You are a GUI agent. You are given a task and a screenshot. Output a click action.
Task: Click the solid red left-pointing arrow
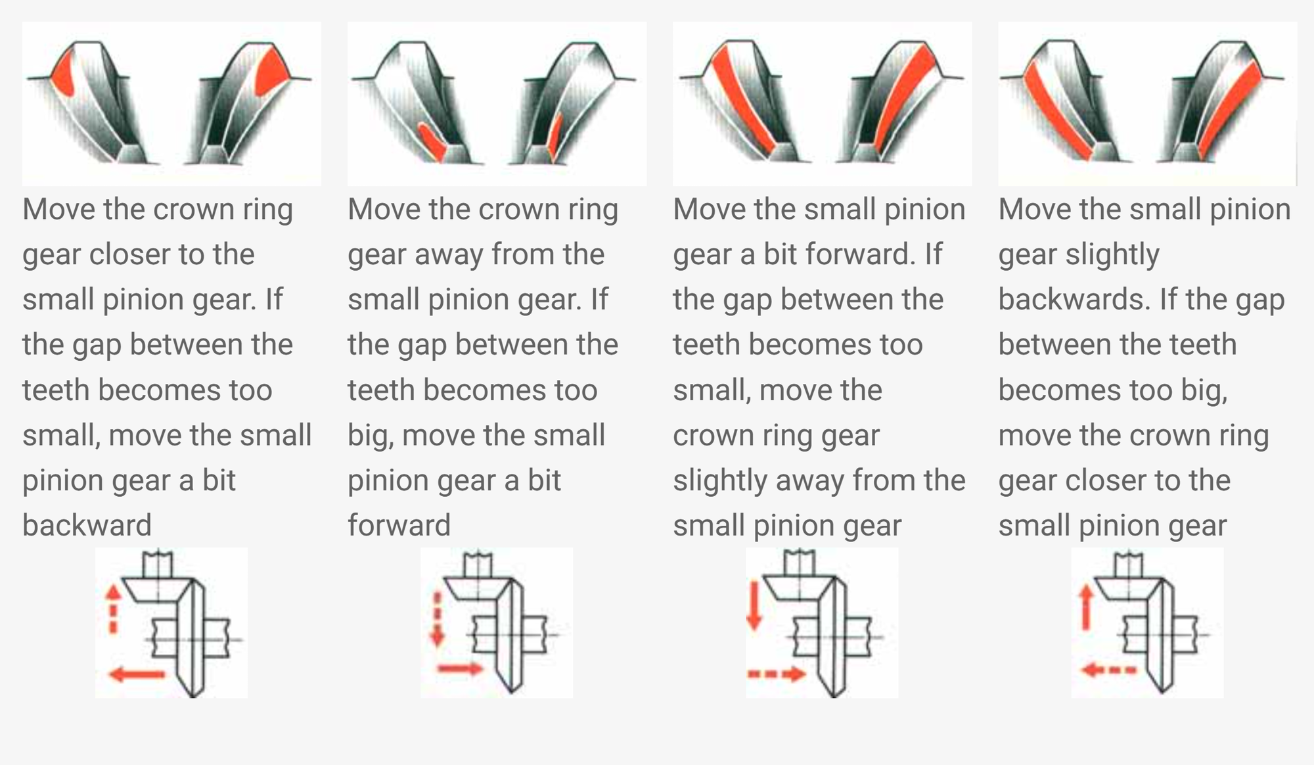(137, 674)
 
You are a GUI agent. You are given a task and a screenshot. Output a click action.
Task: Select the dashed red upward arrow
(114, 609)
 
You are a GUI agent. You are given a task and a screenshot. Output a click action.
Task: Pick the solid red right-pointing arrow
(461, 669)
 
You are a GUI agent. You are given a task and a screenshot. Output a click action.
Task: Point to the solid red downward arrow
(755, 605)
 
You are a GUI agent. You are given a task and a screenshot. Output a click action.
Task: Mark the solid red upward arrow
(1087, 608)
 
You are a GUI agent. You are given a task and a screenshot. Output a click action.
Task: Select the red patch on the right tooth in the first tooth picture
(273, 72)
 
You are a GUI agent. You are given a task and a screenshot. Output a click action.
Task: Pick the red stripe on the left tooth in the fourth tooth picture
(1057, 109)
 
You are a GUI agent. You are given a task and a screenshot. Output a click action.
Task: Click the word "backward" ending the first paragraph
(87, 525)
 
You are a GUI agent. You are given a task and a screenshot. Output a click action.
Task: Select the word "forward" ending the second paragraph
(399, 525)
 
